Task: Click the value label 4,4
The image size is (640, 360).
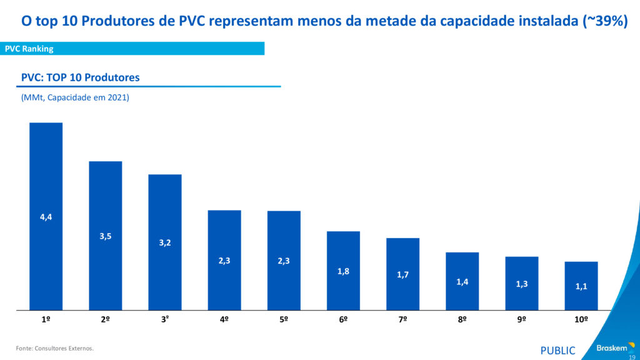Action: (x=46, y=217)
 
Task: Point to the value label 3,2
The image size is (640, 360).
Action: (x=164, y=242)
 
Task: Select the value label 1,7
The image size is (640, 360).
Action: (x=402, y=275)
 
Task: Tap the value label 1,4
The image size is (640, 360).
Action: (x=462, y=282)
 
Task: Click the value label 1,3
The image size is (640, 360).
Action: (x=522, y=284)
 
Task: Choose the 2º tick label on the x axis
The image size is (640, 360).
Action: (x=105, y=319)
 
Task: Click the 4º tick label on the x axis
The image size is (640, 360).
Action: (x=224, y=319)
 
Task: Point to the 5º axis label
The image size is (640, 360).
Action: (x=284, y=319)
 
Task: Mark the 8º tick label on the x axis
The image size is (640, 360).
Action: (x=462, y=319)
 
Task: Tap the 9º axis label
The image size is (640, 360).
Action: (x=522, y=319)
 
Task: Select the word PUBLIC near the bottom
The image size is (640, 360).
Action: (x=557, y=351)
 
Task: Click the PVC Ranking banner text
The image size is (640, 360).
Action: (x=29, y=49)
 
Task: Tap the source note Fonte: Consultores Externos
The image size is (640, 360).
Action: (x=55, y=348)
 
